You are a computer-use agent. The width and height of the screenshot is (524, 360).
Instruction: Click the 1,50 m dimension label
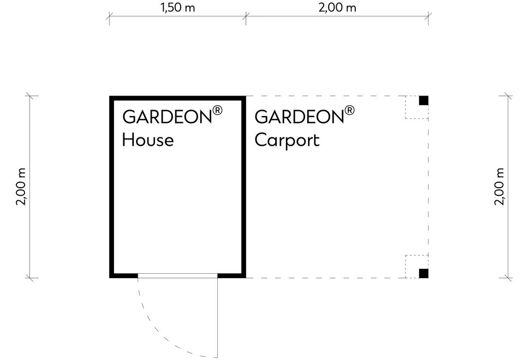coord(178,7)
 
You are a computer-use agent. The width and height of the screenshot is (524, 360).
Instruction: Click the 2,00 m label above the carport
coord(337,7)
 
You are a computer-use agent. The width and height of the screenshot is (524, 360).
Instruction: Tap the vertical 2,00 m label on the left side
coord(21,187)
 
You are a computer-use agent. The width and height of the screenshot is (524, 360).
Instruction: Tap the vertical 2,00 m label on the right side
coord(499,187)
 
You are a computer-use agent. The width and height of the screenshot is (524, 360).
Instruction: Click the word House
coord(148,140)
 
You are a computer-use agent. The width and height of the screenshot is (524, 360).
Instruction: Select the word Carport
coord(287,140)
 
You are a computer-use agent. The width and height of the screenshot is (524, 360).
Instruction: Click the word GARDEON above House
coord(167,117)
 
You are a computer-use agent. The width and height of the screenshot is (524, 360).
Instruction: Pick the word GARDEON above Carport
coord(299,117)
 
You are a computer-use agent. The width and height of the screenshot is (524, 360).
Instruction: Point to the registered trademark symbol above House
coord(218,110)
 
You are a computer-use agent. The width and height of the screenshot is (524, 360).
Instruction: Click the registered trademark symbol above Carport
coord(349,110)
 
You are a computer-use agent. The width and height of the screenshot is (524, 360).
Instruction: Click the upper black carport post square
coord(424,100)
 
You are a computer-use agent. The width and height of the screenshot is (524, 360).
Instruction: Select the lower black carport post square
coord(424,273)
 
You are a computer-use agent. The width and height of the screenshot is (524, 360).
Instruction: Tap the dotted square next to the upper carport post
coord(416,107)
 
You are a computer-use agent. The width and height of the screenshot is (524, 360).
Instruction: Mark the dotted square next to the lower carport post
coord(416,267)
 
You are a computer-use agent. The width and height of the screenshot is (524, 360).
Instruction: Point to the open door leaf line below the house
coord(218,318)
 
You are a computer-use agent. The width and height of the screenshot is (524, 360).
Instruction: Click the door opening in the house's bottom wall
coord(178,276)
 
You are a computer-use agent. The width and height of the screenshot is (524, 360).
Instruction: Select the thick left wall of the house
coord(111,187)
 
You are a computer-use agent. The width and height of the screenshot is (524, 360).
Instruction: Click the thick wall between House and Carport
coord(243,187)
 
